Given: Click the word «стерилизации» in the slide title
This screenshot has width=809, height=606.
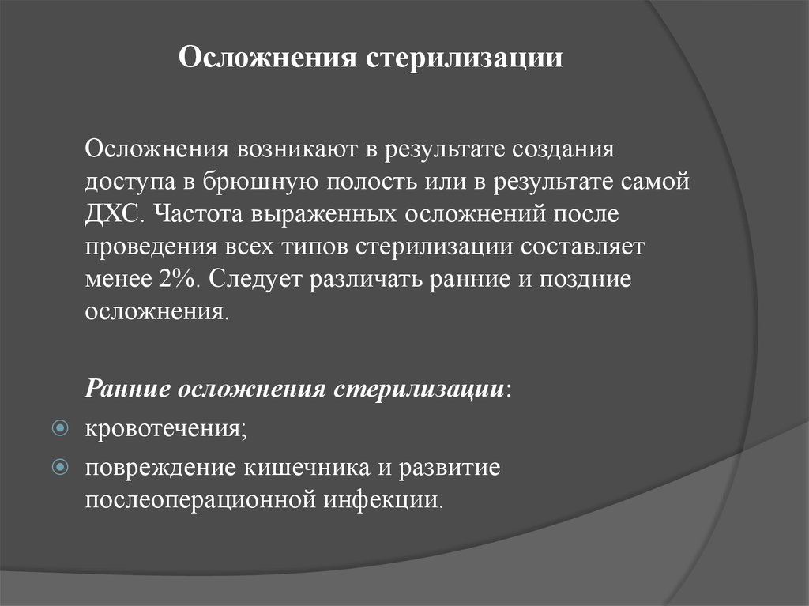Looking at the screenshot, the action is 465,58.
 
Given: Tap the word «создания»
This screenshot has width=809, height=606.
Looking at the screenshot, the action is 563,150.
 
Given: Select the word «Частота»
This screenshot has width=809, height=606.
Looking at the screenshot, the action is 198,213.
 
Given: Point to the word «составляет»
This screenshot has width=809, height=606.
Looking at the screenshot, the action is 582,247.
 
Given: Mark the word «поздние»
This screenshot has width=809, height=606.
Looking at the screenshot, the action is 585,280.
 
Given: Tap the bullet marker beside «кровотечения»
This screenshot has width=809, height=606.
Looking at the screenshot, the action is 60,428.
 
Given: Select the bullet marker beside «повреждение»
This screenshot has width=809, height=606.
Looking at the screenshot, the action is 60,467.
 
